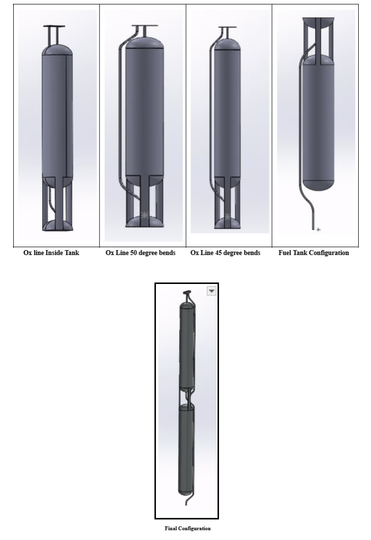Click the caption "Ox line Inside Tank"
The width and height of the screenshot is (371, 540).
pyautogui.click(x=51, y=253)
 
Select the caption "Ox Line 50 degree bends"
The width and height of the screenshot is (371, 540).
pyautogui.click(x=140, y=253)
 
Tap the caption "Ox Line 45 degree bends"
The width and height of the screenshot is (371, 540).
pyautogui.click(x=225, y=253)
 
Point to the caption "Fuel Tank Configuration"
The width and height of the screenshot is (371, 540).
pyautogui.click(x=313, y=253)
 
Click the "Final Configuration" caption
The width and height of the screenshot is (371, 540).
pyautogui.click(x=187, y=528)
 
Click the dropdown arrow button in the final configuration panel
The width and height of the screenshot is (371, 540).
pyautogui.click(x=212, y=291)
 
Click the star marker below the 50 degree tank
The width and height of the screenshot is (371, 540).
pyautogui.click(x=145, y=216)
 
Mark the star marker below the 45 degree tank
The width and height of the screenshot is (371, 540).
pyautogui.click(x=227, y=217)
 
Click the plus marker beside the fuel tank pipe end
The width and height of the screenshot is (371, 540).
pyautogui.click(x=318, y=229)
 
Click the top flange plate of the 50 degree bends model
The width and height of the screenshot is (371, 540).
pyautogui.click(x=145, y=26)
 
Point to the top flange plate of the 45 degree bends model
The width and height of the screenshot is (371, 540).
pyautogui.click(x=227, y=27)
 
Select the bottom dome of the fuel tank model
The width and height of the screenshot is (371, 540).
pyautogui.click(x=318, y=186)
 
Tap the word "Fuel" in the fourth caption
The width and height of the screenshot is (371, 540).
pyautogui.click(x=285, y=253)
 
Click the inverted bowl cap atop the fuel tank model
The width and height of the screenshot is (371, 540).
pyautogui.click(x=318, y=23)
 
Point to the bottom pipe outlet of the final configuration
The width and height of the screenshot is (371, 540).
pyautogui.click(x=186, y=503)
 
